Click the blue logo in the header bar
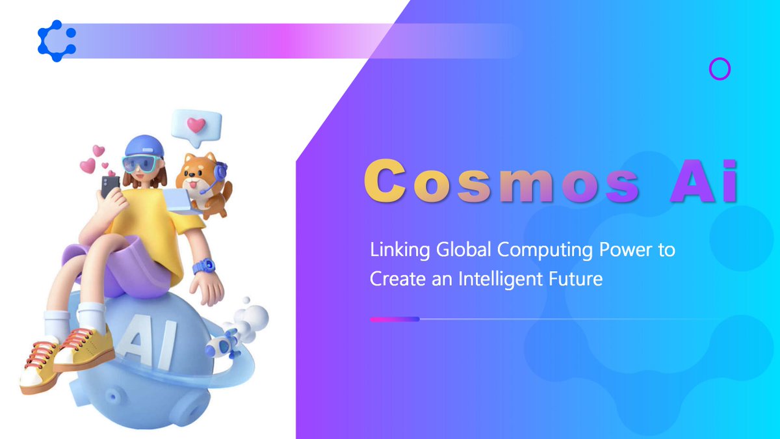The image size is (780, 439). [57, 41]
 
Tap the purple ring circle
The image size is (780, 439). [720, 69]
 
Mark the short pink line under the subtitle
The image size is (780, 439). [394, 319]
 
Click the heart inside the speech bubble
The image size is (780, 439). [196, 124]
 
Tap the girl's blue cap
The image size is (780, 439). [144, 146]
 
